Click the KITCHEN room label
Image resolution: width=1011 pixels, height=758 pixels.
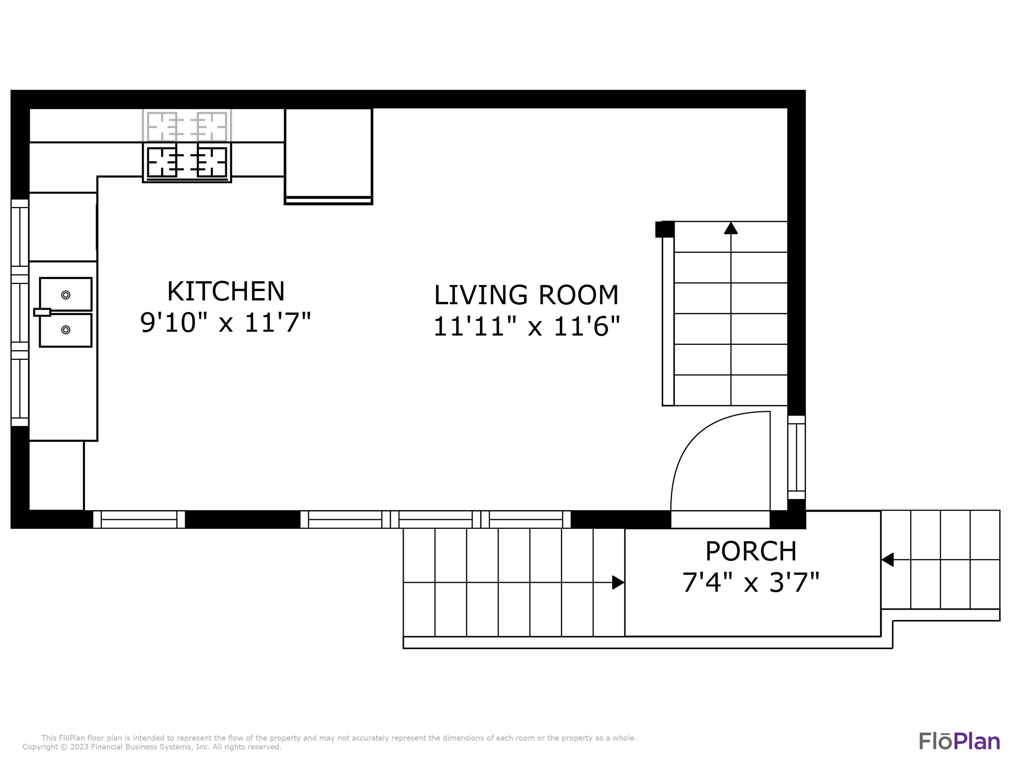[226, 291]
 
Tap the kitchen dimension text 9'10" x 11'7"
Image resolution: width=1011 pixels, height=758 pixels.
[226, 323]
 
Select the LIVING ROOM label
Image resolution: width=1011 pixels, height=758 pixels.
[526, 295]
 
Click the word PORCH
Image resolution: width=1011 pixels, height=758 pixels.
[751, 551]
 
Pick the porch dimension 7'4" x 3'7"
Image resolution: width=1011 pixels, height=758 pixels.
[751, 582]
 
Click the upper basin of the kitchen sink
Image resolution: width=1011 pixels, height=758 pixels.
[66, 294]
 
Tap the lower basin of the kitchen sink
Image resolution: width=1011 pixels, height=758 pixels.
[66, 330]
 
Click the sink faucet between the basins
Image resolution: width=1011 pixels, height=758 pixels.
[42, 312]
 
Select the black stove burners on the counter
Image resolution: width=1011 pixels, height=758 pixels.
[187, 162]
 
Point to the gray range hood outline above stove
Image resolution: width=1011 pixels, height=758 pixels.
[187, 125]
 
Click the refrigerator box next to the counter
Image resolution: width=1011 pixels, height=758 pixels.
[328, 155]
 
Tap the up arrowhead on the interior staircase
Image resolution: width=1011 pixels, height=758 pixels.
[731, 228]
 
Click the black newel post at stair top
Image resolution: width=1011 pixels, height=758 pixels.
[665, 229]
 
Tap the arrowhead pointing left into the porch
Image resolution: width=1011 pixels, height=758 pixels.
[887, 559]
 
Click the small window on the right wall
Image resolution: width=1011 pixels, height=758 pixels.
[796, 457]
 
